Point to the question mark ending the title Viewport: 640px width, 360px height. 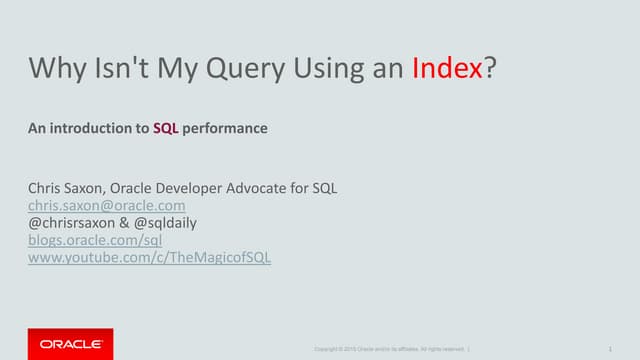point(490,69)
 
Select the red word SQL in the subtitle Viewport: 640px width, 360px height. point(165,128)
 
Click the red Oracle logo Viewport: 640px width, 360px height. point(69,343)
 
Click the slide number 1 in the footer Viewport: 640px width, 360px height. point(609,348)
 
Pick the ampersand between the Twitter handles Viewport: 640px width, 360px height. point(128,222)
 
